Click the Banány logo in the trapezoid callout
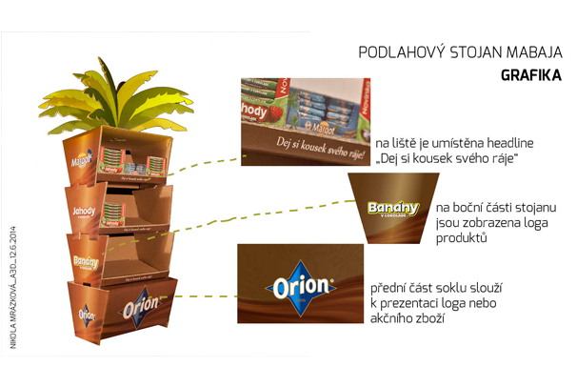pos(392,210)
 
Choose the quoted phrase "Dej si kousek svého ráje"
pos(448,156)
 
